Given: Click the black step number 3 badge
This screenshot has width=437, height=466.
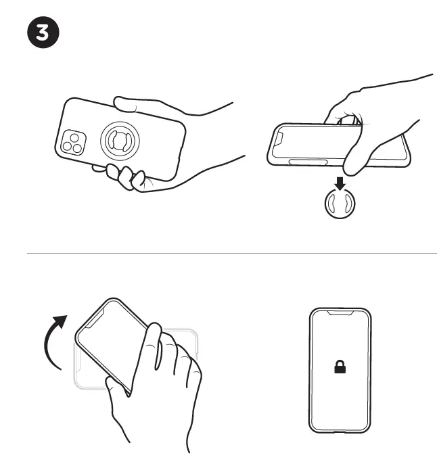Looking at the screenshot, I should click(x=43, y=34).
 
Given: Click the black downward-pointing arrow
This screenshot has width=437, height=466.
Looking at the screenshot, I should click(x=341, y=183).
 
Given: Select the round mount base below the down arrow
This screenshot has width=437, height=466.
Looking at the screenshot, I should click(x=341, y=206).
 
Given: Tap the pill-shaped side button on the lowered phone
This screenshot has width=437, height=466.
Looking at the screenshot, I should click(x=308, y=162).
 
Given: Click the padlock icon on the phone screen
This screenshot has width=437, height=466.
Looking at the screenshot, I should click(x=340, y=367).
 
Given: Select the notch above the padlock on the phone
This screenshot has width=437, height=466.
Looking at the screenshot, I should click(x=340, y=314).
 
